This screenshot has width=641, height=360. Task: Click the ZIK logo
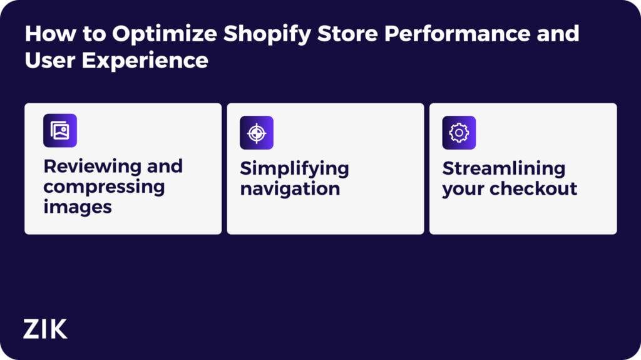45,329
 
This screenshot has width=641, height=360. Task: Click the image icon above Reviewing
60,131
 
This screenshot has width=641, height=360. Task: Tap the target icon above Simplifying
257,133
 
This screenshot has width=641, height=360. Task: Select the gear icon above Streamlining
459,133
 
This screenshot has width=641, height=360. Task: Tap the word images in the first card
78,207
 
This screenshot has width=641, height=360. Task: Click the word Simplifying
294,168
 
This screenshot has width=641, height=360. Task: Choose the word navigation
290,188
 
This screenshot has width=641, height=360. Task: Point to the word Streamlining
503,168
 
